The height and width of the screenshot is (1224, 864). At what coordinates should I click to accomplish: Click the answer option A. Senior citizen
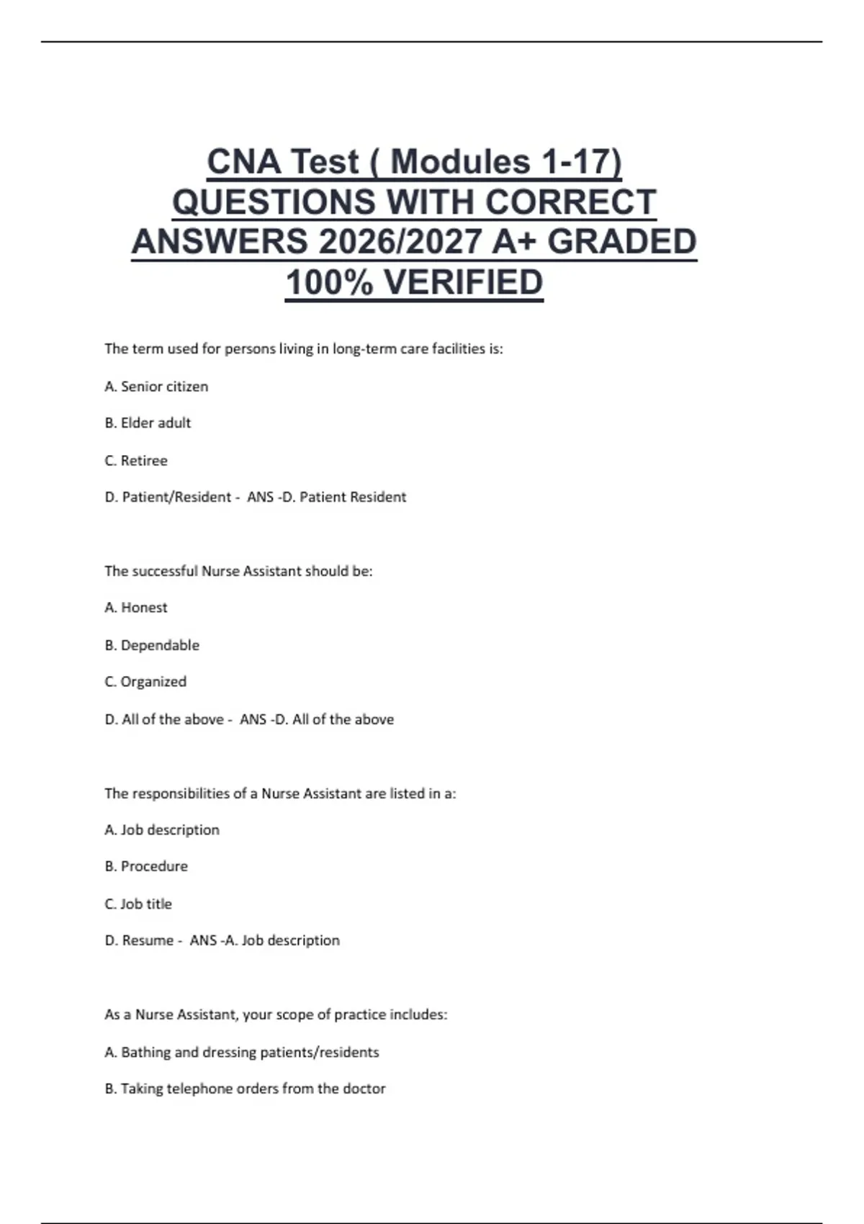156,387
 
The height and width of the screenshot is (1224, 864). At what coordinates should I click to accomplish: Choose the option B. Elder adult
148,423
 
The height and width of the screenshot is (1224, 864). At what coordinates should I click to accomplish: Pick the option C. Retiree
136,461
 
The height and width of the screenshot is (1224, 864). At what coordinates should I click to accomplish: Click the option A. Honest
136,608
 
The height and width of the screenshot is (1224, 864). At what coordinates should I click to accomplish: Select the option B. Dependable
152,645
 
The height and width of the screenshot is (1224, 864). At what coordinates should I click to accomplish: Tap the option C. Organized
145,682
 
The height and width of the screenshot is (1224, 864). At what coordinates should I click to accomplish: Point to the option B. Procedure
146,866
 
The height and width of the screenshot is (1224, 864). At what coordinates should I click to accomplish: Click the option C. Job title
138,904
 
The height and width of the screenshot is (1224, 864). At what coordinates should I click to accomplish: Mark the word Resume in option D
148,940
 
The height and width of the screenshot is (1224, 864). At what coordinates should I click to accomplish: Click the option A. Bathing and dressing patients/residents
242,1052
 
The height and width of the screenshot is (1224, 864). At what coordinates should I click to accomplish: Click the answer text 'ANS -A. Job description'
265,940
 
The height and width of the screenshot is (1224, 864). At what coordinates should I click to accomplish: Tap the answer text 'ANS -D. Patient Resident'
327,497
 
